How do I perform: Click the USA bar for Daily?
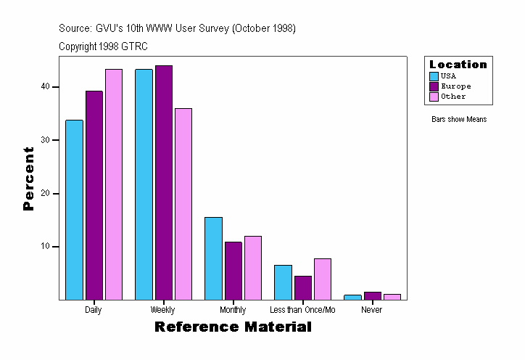[74, 210]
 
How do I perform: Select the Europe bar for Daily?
[94, 195]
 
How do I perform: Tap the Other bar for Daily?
[114, 184]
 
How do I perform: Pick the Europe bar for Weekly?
[164, 182]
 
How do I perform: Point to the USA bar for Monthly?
[213, 258]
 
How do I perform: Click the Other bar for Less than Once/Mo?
[322, 279]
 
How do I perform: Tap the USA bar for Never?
[352, 297]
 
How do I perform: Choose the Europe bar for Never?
[372, 295]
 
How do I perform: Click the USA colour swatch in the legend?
[434, 76]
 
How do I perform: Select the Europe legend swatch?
[434, 86]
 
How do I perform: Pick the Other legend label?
[453, 97]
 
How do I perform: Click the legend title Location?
[458, 65]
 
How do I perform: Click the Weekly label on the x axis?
[162, 310]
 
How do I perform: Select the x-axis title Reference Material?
[233, 327]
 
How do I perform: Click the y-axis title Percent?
[29, 179]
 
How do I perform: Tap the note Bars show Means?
[459, 120]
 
